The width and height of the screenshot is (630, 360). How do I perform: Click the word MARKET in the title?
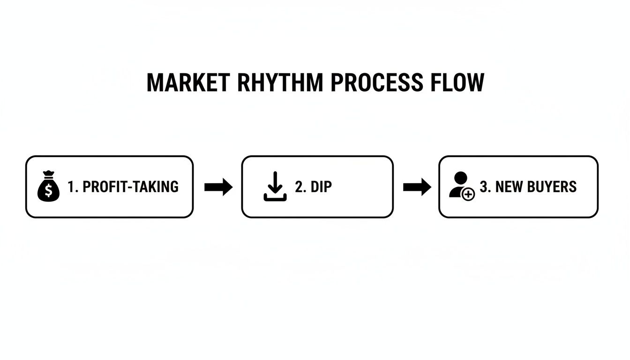188,82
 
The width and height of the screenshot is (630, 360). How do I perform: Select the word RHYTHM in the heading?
280,82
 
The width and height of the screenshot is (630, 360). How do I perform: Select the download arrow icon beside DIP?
275,187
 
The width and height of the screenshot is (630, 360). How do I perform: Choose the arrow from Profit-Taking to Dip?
218,187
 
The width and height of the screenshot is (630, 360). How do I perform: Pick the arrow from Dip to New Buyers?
417,187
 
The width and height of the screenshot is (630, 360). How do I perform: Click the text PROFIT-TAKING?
130,187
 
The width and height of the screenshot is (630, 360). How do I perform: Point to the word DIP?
322,187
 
